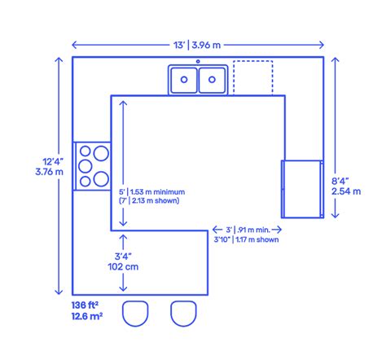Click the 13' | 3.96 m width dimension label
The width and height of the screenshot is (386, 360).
(x=197, y=45)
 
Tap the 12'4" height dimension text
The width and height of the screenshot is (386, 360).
(x=53, y=162)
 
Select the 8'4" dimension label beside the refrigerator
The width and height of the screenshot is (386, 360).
(x=340, y=181)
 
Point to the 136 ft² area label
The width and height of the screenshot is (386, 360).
(x=85, y=305)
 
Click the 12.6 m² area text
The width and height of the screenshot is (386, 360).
(x=87, y=316)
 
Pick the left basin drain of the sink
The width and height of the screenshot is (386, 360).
(x=184, y=80)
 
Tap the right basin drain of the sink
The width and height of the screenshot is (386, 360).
(x=212, y=80)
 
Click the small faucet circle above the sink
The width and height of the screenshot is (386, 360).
(x=198, y=62)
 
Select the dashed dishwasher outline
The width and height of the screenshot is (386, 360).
(x=234, y=78)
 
